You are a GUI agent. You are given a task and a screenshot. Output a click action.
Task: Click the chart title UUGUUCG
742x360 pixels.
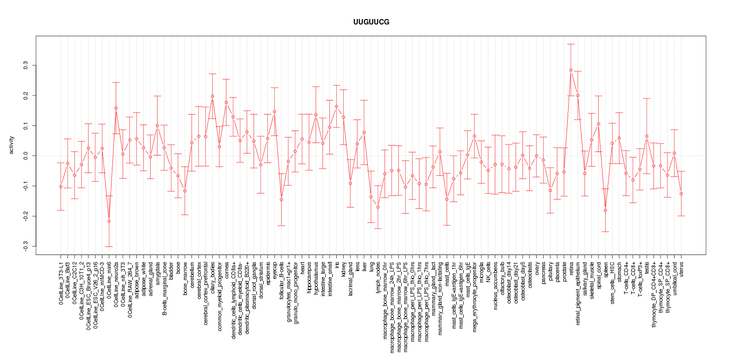(371, 22)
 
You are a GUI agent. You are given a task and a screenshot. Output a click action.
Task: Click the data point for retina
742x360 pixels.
(571, 70)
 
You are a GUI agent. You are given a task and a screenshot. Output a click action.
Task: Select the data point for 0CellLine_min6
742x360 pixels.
(109, 221)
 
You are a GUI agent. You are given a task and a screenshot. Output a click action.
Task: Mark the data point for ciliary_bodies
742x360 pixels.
(212, 96)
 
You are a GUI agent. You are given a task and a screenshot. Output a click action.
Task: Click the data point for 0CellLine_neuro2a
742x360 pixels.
(116, 108)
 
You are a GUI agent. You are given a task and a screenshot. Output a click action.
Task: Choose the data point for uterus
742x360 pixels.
(681, 193)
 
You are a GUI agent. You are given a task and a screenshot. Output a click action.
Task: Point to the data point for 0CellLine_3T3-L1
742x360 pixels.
(60, 186)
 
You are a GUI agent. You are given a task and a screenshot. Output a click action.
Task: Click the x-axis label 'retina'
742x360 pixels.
(571, 268)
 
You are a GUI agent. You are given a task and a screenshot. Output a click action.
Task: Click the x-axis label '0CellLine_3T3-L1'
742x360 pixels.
(61, 282)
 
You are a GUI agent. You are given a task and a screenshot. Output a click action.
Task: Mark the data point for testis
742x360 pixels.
(647, 136)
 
